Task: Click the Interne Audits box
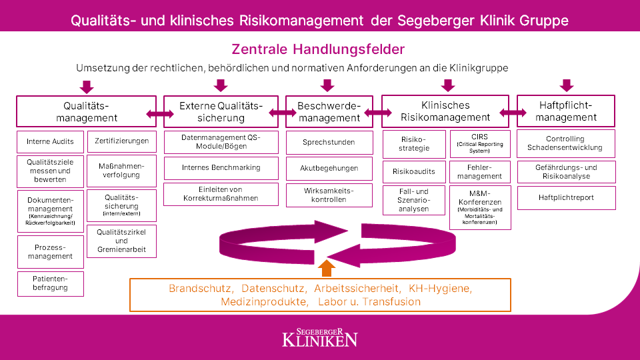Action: pyautogui.click(x=50, y=142)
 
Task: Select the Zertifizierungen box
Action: pyautogui.click(x=121, y=141)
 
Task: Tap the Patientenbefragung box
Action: pyautogui.click(x=50, y=283)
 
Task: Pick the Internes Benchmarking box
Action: pyautogui.click(x=221, y=167)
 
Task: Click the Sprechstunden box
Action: pyautogui.click(x=329, y=142)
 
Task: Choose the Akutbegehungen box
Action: pyautogui.click(x=329, y=168)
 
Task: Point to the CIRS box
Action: pyautogui.click(x=480, y=143)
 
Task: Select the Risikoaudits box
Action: pyautogui.click(x=413, y=171)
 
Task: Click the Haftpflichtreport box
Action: pyautogui.click(x=566, y=198)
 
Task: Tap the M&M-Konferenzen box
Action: pyautogui.click(x=480, y=207)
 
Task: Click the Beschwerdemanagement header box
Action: pyautogui.click(x=329, y=112)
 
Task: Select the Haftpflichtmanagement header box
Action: pyautogui.click(x=566, y=111)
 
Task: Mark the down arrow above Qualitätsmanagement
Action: pyautogui.click(x=86, y=87)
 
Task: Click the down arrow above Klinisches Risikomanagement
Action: pyautogui.click(x=448, y=85)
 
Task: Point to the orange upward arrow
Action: pyautogui.click(x=326, y=268)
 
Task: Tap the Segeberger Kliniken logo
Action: pyautogui.click(x=319, y=337)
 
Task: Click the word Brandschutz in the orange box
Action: pyautogui.click(x=200, y=289)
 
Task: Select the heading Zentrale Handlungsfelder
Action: pyautogui.click(x=318, y=49)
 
